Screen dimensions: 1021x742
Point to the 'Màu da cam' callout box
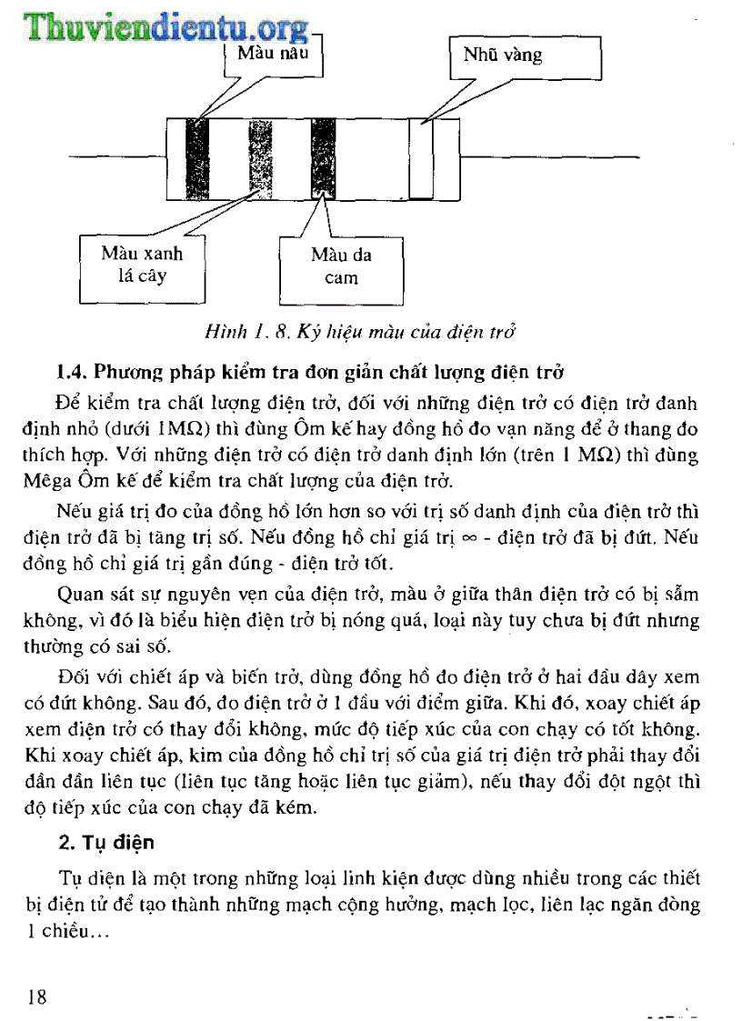[x=341, y=268]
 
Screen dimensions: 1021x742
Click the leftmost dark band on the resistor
[x=197, y=158]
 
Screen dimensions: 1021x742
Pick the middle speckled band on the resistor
[x=261, y=158]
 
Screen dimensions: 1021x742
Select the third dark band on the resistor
[x=323, y=158]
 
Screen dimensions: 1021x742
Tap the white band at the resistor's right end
[x=420, y=158]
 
